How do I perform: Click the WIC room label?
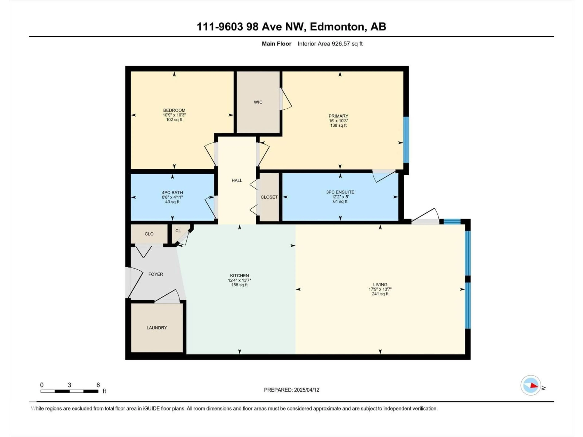click(x=258, y=102)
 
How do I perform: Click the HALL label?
click(x=237, y=180)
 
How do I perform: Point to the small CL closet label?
click(x=178, y=231)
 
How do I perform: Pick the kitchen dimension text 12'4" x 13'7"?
click(x=239, y=280)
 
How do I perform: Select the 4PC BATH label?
click(x=172, y=193)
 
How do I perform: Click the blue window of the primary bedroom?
click(x=406, y=140)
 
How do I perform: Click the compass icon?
click(x=531, y=385)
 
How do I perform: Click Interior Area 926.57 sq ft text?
click(x=330, y=44)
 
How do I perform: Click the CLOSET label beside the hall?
click(x=269, y=197)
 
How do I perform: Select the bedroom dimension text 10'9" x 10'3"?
click(x=174, y=115)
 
